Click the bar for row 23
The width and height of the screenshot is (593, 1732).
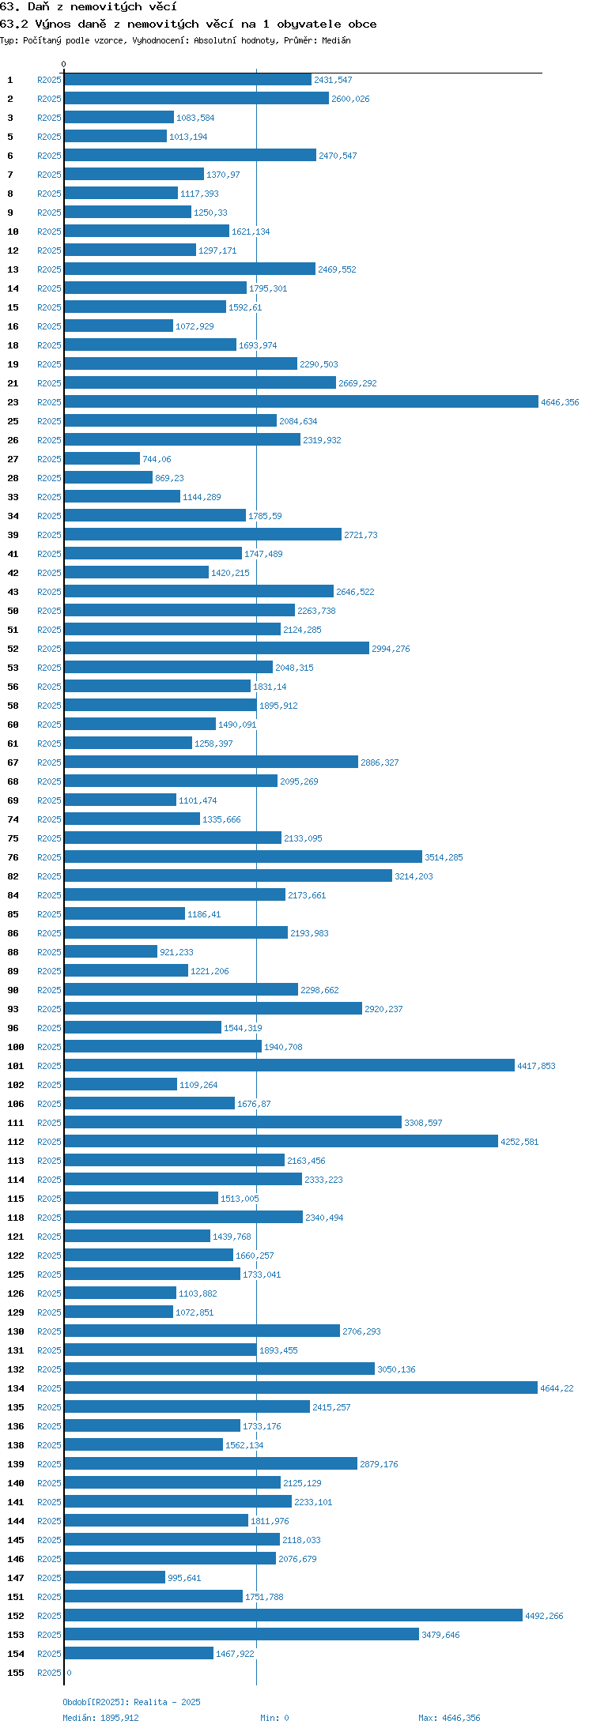(301, 402)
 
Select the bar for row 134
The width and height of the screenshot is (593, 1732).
(300, 1388)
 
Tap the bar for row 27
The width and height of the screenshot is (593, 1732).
(102, 459)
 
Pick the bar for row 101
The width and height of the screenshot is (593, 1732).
(289, 1066)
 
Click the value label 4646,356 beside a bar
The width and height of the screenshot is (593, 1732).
(560, 402)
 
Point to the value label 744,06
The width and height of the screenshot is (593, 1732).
(157, 459)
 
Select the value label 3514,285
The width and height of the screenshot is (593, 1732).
(444, 857)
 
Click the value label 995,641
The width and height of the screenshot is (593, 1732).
(184, 1578)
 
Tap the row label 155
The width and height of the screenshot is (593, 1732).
(16, 1673)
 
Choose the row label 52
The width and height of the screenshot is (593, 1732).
(13, 649)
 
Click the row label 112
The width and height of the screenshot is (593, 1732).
(16, 1142)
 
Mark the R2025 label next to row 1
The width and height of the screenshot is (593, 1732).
(49, 80)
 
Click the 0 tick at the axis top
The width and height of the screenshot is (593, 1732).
(64, 64)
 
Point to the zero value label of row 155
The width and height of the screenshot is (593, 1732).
(69, 1673)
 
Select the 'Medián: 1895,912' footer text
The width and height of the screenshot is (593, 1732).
(100, 1718)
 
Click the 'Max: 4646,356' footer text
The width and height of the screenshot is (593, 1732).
(449, 1718)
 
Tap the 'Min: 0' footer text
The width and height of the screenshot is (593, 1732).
(274, 1718)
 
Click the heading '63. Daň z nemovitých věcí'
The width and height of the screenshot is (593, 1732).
(89, 7)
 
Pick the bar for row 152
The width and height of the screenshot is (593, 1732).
(293, 1616)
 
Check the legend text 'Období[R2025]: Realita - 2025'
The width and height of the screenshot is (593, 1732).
(131, 1702)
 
